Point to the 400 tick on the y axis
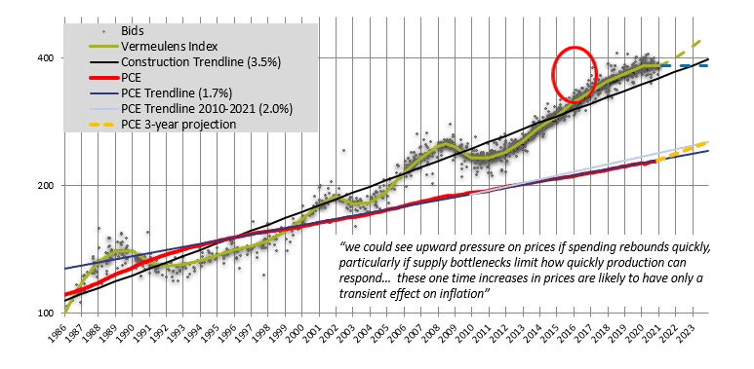[45, 57]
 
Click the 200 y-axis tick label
[45, 185]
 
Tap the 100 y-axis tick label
[45, 314]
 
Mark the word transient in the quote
[377, 294]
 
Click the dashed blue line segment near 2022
[693, 65]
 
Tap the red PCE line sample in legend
[92, 78]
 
